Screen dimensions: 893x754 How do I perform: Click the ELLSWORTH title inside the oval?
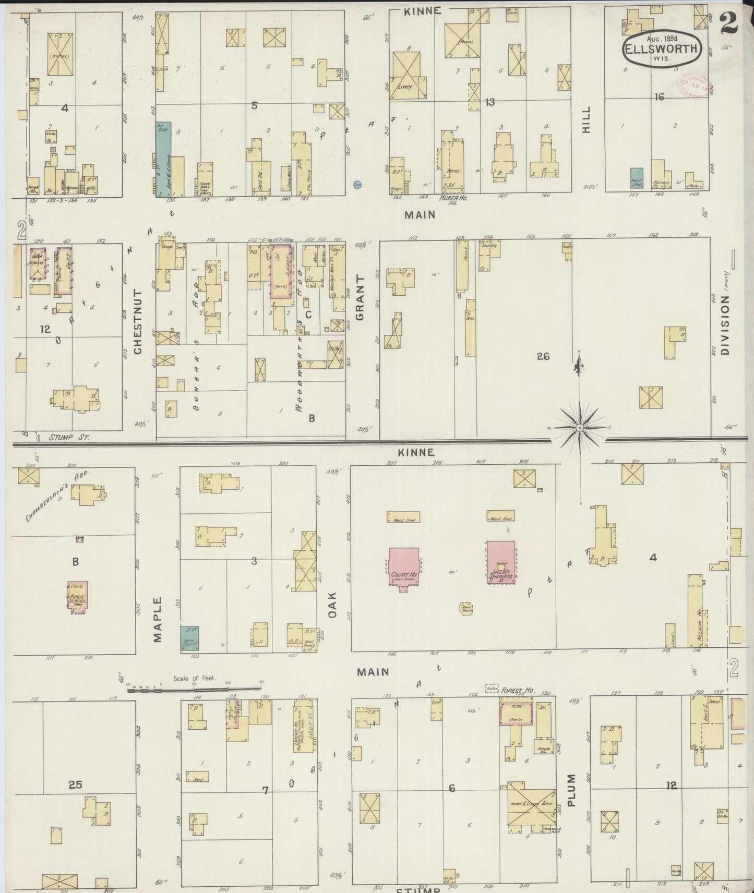point(660,50)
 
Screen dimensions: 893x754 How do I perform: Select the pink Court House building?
point(403,567)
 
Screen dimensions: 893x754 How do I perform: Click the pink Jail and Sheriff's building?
point(501,562)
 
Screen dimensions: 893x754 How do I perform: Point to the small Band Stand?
point(466,608)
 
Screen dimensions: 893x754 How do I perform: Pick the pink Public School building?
point(77,598)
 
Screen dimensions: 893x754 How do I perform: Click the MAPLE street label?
point(158,619)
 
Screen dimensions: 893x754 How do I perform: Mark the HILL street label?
point(586,119)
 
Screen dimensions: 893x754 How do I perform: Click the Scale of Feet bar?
point(194,690)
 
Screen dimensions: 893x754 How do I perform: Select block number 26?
point(543,356)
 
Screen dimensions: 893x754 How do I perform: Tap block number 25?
point(75,784)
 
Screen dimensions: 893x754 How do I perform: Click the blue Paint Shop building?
point(637,178)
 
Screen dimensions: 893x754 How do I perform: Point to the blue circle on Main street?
point(357,184)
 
